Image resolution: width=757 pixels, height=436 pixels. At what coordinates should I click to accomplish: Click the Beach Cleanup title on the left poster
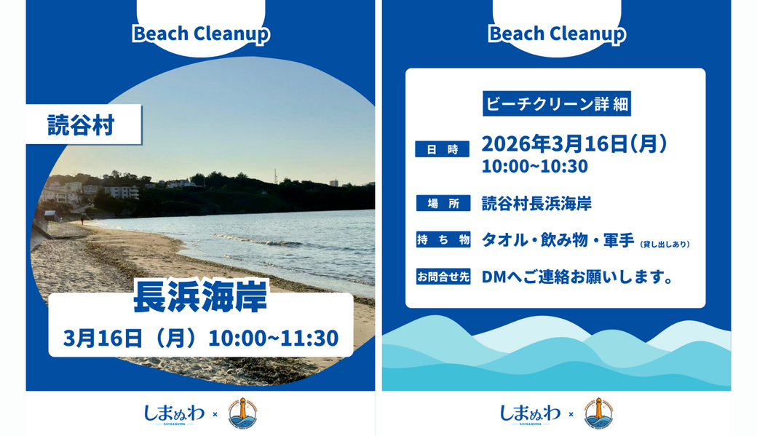click(x=200, y=33)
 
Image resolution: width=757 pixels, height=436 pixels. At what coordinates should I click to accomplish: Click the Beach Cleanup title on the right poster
click(x=556, y=33)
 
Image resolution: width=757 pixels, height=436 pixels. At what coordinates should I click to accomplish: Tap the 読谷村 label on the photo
click(x=80, y=125)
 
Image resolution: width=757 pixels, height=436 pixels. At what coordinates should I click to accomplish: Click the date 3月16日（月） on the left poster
click(x=130, y=338)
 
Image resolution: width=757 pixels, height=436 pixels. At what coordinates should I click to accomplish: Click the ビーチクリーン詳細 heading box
click(x=556, y=104)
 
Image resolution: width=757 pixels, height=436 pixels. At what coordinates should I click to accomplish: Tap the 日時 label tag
click(x=443, y=149)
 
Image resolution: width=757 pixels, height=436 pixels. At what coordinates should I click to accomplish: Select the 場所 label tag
click(x=443, y=203)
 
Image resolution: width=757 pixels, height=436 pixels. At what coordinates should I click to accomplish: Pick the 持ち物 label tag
click(x=443, y=239)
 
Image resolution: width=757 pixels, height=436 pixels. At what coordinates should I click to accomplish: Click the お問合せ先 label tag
click(x=443, y=277)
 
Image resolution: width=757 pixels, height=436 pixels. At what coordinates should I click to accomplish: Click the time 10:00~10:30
click(x=534, y=166)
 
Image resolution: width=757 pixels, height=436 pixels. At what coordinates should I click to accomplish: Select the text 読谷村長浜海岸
click(x=536, y=203)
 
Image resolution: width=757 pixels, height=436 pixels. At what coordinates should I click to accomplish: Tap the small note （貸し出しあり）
click(x=665, y=245)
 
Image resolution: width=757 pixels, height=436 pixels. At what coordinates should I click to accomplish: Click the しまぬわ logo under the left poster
click(x=174, y=413)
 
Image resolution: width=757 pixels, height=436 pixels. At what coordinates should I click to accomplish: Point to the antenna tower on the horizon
click(x=276, y=175)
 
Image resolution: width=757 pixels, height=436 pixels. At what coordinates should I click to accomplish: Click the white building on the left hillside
click(x=121, y=192)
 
